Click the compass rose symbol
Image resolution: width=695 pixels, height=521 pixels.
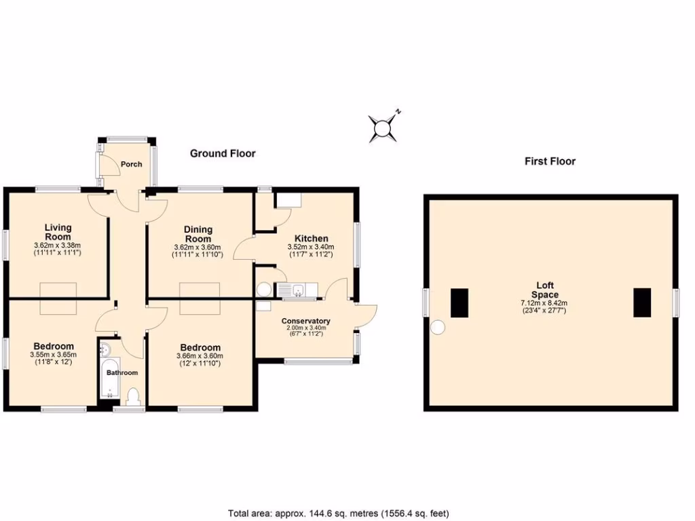coord(384,127)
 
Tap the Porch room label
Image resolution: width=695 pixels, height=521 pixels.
coord(131,164)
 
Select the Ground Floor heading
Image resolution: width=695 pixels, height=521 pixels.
coord(223,153)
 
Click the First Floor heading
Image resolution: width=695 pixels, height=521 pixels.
coord(550,161)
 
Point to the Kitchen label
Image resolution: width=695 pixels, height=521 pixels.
coord(311,239)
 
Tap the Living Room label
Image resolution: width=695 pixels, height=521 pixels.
coord(58,232)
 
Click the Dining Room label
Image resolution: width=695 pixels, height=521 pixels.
coord(198,234)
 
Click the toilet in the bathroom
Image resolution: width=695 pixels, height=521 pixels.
coord(133,396)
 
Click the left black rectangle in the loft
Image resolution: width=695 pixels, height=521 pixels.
coord(459,303)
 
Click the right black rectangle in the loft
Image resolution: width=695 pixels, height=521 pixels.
coord(642,303)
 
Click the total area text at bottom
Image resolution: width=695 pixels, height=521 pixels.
coord(338,514)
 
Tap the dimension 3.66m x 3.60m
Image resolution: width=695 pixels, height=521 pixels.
coord(200,356)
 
